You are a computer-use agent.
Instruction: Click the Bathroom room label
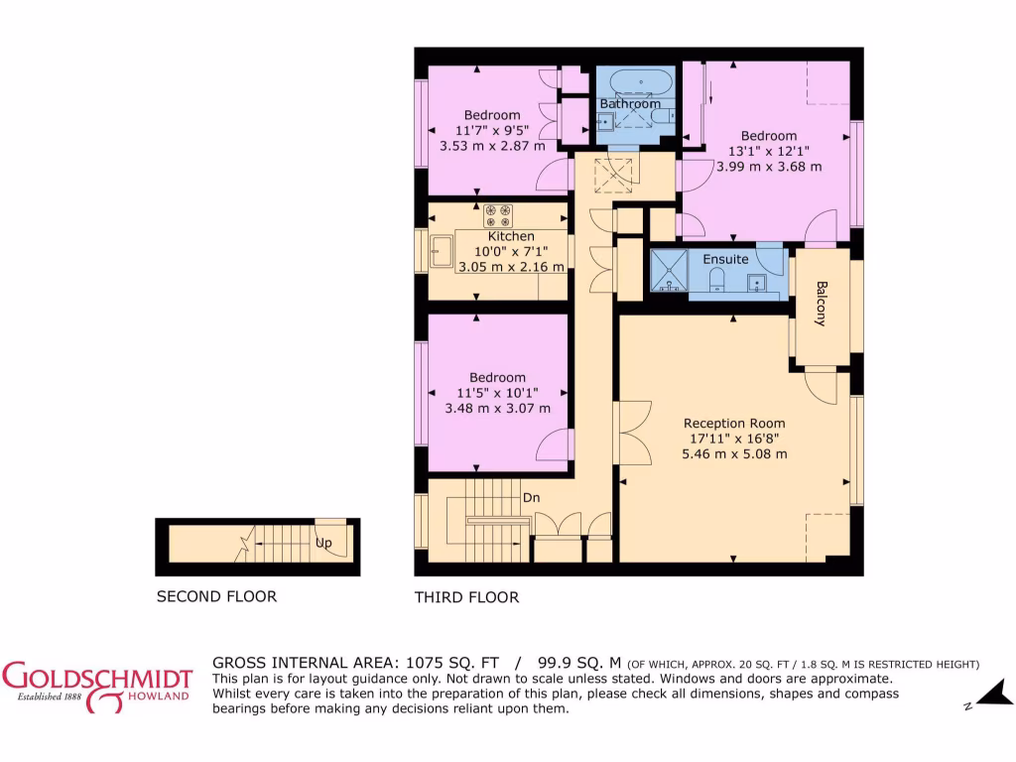click(x=630, y=103)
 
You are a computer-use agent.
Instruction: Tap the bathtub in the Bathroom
click(x=640, y=81)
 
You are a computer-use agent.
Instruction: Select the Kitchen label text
click(x=511, y=236)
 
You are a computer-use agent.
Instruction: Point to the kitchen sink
click(x=442, y=252)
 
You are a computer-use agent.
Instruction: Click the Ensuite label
click(x=725, y=259)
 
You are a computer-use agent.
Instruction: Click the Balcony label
click(x=821, y=305)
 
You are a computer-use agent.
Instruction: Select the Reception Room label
click(x=734, y=422)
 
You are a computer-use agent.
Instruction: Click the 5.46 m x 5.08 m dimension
click(x=734, y=454)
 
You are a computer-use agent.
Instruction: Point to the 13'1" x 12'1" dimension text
click(x=769, y=151)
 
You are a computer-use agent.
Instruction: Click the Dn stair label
click(x=532, y=498)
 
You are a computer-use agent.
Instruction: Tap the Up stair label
click(x=323, y=544)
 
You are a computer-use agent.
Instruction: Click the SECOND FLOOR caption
click(x=216, y=596)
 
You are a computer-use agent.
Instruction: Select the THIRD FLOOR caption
click(x=466, y=597)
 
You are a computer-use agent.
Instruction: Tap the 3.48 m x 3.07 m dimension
click(x=497, y=408)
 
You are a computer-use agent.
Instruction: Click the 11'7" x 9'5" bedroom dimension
click(x=492, y=130)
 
